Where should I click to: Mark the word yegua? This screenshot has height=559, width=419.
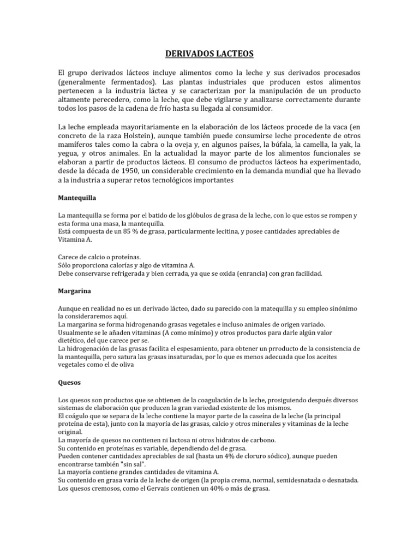[x=69, y=153]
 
